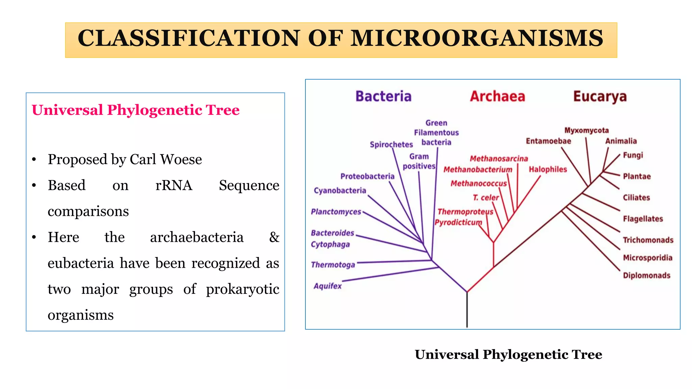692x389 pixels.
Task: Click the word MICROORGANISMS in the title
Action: pyautogui.click(x=477, y=38)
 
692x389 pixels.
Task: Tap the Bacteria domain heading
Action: pyautogui.click(x=384, y=96)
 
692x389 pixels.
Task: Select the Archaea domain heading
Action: pyautogui.click(x=498, y=96)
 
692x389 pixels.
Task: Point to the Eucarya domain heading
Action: pyautogui.click(x=600, y=97)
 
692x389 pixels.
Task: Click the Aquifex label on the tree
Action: pyautogui.click(x=327, y=286)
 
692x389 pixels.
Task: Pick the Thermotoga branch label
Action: pyautogui.click(x=333, y=265)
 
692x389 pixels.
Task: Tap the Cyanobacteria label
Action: pyautogui.click(x=340, y=190)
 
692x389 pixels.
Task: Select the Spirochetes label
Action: pyautogui.click(x=391, y=145)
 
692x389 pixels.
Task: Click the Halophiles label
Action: pyautogui.click(x=548, y=169)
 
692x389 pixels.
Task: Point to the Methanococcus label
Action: pyautogui.click(x=479, y=183)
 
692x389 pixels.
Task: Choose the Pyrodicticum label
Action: pyautogui.click(x=459, y=223)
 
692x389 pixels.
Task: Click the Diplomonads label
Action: pyautogui.click(x=647, y=276)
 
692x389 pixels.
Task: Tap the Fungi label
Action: pyautogui.click(x=633, y=155)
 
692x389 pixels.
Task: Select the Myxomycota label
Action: pyautogui.click(x=587, y=130)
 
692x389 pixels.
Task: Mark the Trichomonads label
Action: pyautogui.click(x=648, y=240)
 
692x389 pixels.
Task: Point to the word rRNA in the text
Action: pyautogui.click(x=174, y=185)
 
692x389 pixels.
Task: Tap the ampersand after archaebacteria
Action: pyautogui.click(x=274, y=237)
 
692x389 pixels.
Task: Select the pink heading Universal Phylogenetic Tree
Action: pyautogui.click(x=135, y=110)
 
